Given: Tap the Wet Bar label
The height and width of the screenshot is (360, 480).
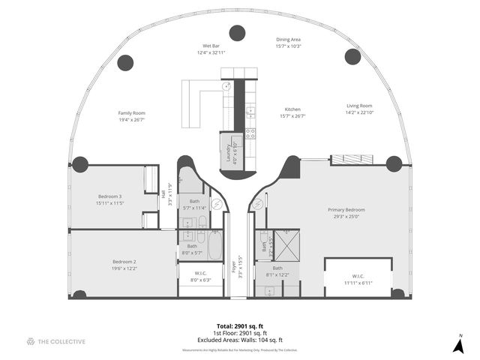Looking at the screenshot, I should pos(211,46).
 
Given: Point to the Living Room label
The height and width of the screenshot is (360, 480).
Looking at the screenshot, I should pos(359,106).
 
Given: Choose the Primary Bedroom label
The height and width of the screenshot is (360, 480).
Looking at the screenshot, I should pos(346,209).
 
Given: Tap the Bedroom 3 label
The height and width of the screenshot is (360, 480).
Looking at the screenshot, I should pos(109,196).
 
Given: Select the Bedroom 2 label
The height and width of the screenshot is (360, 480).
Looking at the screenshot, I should pos(123,262).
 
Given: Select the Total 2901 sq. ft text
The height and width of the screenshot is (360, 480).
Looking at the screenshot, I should pos(240,325).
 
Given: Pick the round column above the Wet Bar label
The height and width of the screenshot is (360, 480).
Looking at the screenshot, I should pos(238,32).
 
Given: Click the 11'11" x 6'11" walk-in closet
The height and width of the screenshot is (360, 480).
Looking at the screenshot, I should pos(358,278).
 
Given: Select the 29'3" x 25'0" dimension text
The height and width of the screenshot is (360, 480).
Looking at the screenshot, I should pos(346,217).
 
